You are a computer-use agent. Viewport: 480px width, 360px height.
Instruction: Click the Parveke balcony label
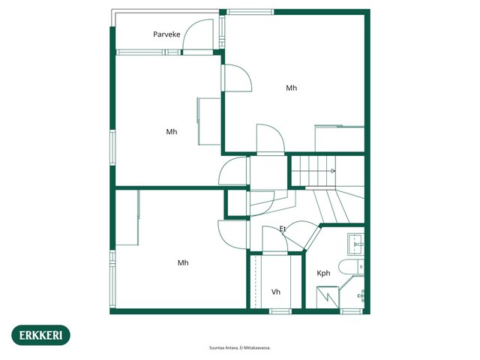click(166, 34)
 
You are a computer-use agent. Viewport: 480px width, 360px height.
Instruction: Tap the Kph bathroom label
click(323, 273)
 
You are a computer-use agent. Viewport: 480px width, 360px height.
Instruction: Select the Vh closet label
click(276, 292)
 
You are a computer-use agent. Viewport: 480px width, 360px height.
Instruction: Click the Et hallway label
click(283, 229)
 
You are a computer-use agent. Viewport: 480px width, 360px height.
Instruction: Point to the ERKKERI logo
click(40, 335)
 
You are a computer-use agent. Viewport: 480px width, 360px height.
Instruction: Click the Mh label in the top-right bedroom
click(292, 88)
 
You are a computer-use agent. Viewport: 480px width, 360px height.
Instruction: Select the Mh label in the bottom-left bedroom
click(183, 263)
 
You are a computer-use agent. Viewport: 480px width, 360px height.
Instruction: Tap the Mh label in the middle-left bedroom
click(172, 132)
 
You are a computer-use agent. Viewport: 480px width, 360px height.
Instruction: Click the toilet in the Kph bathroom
click(352, 267)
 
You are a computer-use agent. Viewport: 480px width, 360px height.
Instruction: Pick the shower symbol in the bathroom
click(328, 297)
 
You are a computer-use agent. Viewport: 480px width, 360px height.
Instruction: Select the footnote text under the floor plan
click(240, 348)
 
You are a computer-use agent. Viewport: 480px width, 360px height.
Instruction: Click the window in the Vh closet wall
click(280, 311)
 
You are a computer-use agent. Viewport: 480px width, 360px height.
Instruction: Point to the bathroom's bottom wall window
click(352, 311)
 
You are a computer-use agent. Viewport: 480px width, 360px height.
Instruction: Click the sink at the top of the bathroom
click(355, 244)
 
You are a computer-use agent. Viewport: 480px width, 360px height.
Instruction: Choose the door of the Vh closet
click(275, 240)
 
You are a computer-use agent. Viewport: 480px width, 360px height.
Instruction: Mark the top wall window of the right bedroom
click(250, 12)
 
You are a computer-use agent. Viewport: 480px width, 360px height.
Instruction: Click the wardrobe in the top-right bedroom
click(340, 138)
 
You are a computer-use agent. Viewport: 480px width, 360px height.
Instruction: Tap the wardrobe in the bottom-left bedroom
click(127, 217)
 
